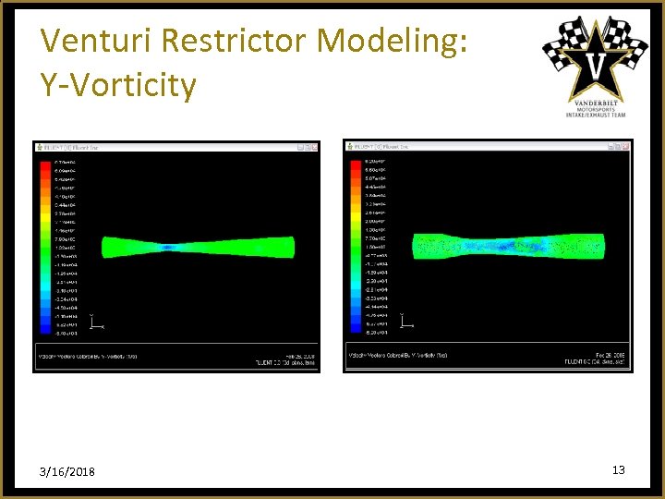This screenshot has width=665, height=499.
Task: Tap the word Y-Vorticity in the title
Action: [x=118, y=85]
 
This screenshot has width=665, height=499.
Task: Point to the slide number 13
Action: [x=618, y=470]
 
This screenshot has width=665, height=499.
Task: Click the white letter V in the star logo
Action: [x=597, y=66]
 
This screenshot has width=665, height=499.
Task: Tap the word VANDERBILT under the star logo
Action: [x=596, y=101]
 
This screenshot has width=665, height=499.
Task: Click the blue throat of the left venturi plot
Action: [x=169, y=248]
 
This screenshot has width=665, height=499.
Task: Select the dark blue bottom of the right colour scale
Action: [x=356, y=332]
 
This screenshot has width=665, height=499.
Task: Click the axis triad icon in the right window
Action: [x=405, y=323]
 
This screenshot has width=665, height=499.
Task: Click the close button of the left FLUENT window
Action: [x=316, y=146]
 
